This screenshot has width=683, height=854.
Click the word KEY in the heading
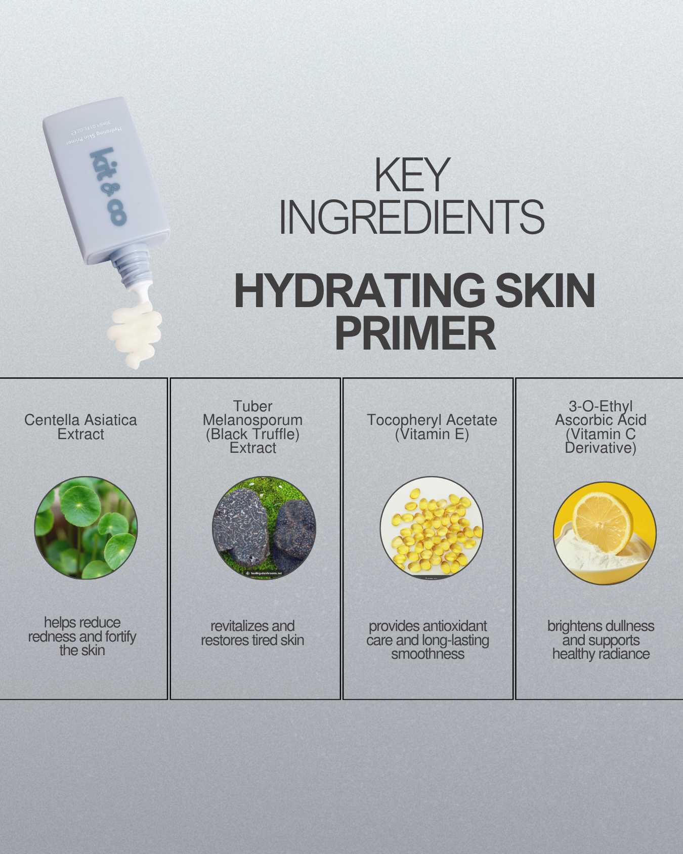coord(411,175)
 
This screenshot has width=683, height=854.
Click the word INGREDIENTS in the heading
coord(411,218)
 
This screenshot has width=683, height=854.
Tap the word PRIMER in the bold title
coord(415,333)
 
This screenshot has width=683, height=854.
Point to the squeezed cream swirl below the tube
coord(135,334)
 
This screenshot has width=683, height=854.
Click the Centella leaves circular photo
coord(86,528)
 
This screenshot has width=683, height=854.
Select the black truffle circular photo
coord(264,528)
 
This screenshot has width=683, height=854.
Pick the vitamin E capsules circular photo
coord(432,528)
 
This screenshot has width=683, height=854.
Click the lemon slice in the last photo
coord(602,521)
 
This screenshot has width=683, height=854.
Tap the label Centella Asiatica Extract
coord(81,427)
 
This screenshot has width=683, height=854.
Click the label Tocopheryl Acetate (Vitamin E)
coord(432,427)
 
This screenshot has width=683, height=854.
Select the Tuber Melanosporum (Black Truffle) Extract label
coord(252,427)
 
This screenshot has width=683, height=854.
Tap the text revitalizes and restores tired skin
coord(252,633)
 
